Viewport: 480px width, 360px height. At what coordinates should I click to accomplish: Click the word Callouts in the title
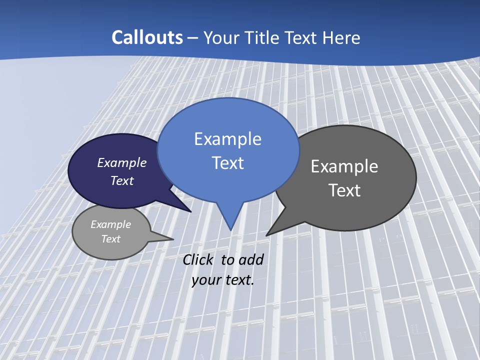[x=147, y=37]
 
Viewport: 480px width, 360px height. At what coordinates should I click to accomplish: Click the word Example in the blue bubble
[x=227, y=139]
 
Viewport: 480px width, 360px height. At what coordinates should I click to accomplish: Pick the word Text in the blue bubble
[x=227, y=163]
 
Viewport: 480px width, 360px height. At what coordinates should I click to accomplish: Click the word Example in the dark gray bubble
[x=344, y=166]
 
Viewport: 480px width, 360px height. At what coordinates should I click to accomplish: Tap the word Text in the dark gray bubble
[x=344, y=190]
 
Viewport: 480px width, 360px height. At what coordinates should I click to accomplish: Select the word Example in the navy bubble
[x=121, y=163]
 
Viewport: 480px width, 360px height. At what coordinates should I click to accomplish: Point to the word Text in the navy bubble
[x=121, y=180]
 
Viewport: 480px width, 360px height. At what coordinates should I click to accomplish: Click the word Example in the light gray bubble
[x=110, y=224]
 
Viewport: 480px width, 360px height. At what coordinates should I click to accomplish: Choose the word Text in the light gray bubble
[x=110, y=239]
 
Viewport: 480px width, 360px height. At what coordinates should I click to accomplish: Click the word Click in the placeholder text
[x=198, y=259]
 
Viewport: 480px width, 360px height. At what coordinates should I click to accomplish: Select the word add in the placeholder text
[x=251, y=259]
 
